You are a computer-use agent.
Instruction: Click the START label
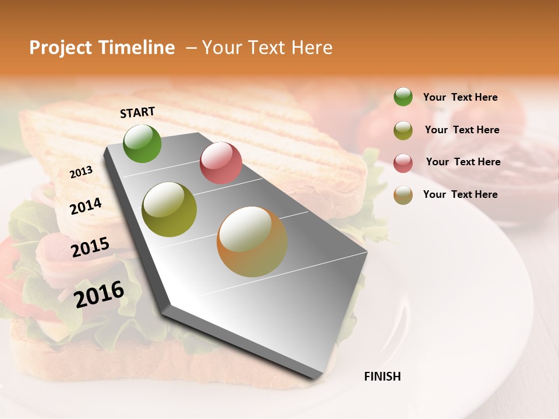(x=137, y=112)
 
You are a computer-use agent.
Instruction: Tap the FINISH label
(x=382, y=377)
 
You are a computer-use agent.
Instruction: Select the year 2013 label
(x=81, y=172)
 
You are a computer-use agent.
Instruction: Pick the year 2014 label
(x=86, y=207)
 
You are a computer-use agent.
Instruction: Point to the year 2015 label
(x=90, y=247)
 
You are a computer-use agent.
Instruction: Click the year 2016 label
(x=99, y=294)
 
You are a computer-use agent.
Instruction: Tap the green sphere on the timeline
(x=142, y=143)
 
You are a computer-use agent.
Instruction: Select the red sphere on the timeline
(x=221, y=163)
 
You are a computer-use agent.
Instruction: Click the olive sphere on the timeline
(x=169, y=210)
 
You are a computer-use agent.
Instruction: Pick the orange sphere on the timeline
(x=252, y=242)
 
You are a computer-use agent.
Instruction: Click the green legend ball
(x=403, y=97)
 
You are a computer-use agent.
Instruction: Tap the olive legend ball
(x=403, y=130)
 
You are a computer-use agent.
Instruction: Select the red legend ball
(x=403, y=163)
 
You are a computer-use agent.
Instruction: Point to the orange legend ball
(x=403, y=195)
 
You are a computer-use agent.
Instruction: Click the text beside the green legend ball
(x=460, y=97)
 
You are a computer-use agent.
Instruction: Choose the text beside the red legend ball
(x=463, y=162)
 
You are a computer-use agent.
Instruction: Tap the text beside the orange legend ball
(x=460, y=194)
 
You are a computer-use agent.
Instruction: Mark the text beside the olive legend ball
(x=462, y=130)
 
